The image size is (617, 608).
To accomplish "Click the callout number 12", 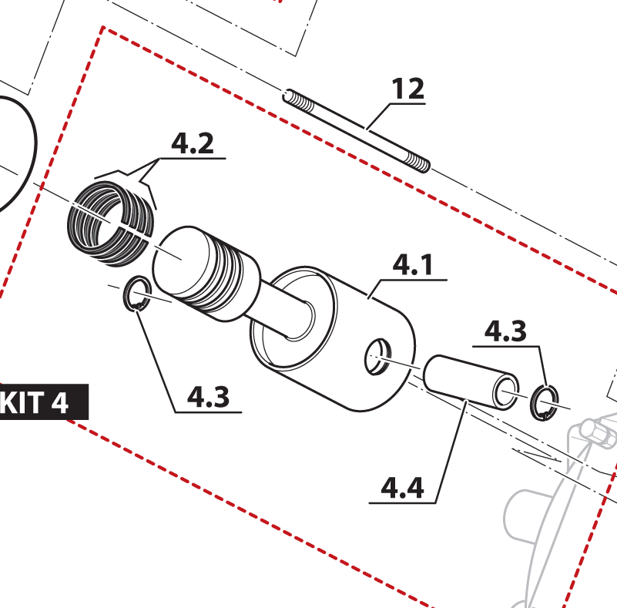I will coord(408,89).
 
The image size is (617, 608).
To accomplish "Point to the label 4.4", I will coord(403,488).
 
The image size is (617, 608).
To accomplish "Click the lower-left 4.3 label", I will coord(208,397).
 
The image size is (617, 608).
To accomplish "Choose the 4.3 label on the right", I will coord(505,332).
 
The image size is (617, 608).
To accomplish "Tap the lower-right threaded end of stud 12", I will coord(418,163).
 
